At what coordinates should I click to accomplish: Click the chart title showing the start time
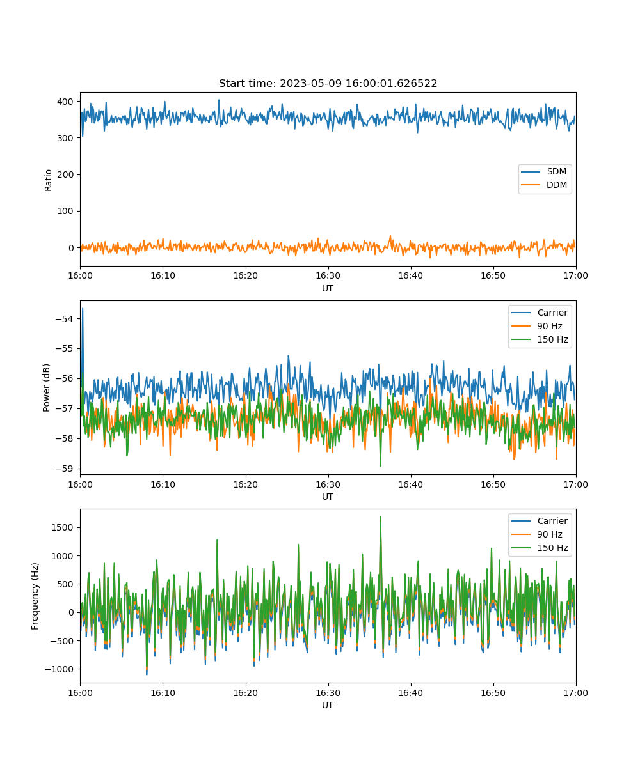coord(328,83)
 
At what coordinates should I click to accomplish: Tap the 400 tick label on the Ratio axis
coord(65,102)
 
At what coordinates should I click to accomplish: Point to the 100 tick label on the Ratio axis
coord(65,211)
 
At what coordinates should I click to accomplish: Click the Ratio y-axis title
coord(48,180)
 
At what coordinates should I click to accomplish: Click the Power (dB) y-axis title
coord(46,387)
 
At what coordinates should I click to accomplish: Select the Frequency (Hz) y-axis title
coord(35,596)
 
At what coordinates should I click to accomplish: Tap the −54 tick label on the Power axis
coord(65,319)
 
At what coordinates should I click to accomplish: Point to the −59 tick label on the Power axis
coord(65,469)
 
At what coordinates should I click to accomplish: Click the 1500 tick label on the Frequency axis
coord(63,527)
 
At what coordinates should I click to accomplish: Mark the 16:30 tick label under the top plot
coord(328,276)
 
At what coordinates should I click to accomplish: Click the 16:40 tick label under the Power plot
coord(410,484)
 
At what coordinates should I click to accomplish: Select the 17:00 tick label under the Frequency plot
coord(575,693)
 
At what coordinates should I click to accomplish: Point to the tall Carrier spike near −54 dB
coord(83,309)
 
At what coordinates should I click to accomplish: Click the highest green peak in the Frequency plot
coord(380,518)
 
